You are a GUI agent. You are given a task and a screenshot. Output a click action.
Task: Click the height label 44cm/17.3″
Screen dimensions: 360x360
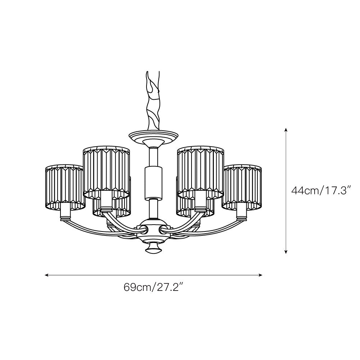pyautogui.click(x=321, y=190)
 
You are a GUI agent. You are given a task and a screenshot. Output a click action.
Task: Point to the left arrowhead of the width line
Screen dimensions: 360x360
pyautogui.click(x=46, y=275)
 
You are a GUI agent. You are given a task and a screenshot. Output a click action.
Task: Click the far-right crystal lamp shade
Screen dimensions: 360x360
pyautogui.click(x=242, y=187)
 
